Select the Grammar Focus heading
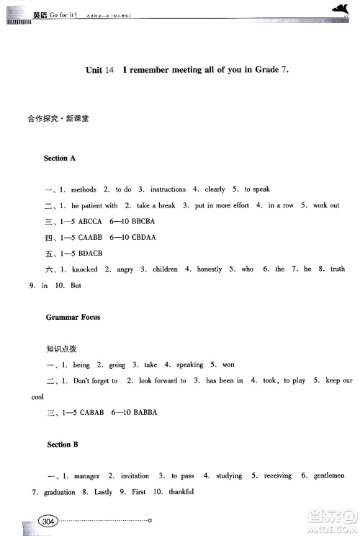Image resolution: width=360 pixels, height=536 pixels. [x=73, y=316]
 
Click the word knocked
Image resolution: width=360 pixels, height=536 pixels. [x=86, y=269]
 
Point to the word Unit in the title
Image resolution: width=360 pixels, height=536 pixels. [x=94, y=70]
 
